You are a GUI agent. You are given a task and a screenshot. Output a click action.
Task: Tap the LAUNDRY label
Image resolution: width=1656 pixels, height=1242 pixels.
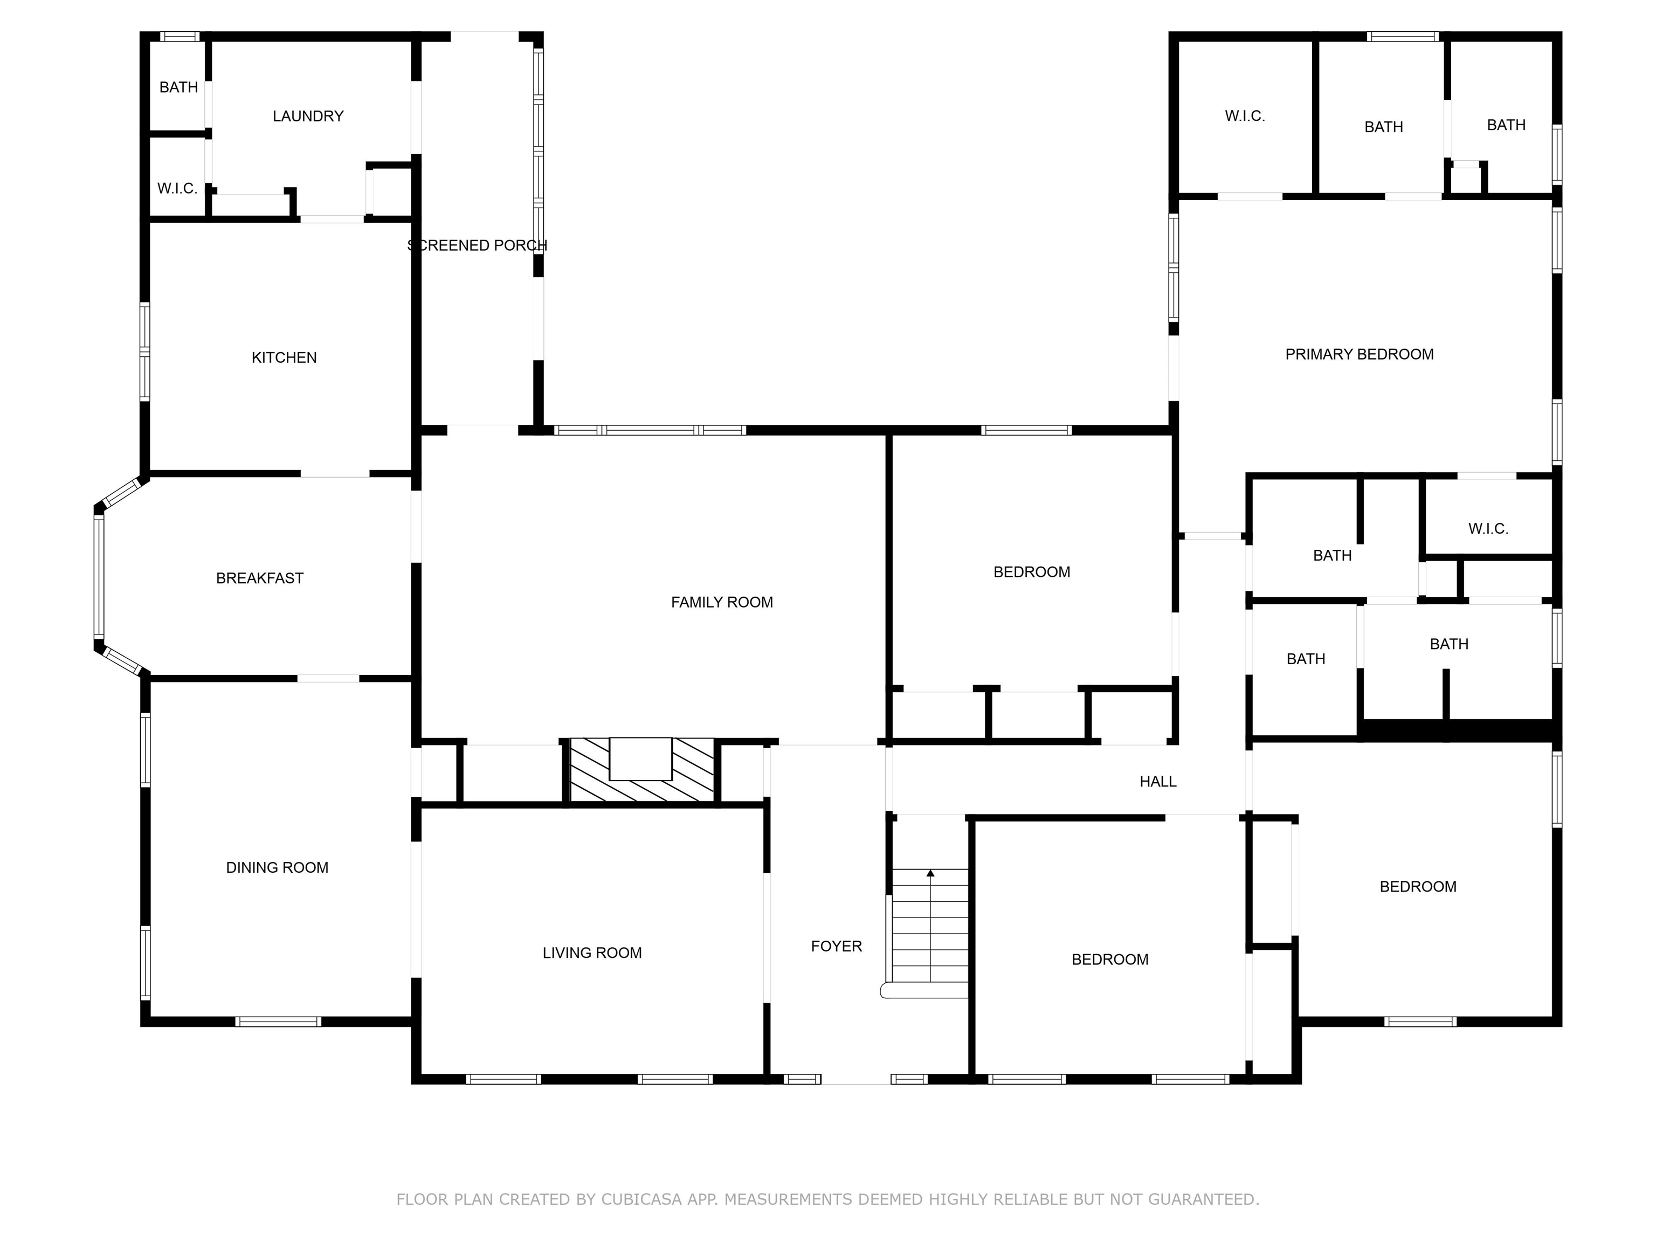(308, 116)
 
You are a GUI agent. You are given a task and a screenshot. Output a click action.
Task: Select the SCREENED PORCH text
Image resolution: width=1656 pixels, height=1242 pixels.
(477, 246)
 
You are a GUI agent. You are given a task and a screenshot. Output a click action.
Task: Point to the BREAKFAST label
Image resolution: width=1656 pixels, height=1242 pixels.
(260, 578)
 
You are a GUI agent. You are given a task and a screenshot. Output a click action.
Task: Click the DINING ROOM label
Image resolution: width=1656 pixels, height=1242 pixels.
(277, 868)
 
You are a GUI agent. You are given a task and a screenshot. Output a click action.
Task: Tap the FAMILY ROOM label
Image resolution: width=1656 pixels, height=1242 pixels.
(722, 603)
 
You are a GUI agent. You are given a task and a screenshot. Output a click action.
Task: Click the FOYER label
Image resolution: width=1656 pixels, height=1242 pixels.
(836, 946)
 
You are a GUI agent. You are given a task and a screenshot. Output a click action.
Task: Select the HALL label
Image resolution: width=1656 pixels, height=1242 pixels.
(1157, 782)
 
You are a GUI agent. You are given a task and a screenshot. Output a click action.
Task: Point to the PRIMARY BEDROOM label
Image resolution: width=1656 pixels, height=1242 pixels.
(1359, 354)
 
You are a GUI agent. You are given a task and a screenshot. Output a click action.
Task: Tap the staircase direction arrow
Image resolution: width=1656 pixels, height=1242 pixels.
(930, 873)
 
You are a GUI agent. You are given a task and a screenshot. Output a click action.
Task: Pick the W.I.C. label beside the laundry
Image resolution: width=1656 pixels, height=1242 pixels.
(177, 189)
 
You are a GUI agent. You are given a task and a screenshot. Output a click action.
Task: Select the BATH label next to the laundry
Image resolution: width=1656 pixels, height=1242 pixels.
(178, 87)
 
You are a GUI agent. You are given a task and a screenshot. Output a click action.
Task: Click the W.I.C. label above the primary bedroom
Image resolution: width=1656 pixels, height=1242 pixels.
(1244, 116)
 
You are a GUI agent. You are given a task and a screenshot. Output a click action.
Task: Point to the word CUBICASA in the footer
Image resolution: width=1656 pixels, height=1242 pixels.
(641, 1199)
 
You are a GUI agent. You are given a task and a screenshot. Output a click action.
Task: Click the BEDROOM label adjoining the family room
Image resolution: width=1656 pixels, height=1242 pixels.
(1031, 572)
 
